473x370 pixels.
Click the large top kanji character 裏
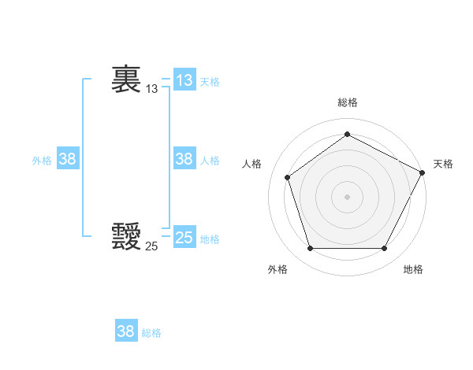pyautogui.click(x=126, y=80)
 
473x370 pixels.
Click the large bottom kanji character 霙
pyautogui.click(x=126, y=236)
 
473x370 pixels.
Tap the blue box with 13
pyautogui.click(x=184, y=80)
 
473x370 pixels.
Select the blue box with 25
pyautogui.click(x=184, y=238)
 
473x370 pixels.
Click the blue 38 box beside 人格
pyautogui.click(x=184, y=159)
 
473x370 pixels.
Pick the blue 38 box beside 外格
pyautogui.click(x=68, y=159)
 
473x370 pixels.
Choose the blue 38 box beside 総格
pyautogui.click(x=126, y=331)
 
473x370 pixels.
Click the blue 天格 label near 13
pyautogui.click(x=210, y=82)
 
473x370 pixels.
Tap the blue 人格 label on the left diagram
pyautogui.click(x=210, y=161)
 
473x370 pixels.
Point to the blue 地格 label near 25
pyautogui.click(x=210, y=239)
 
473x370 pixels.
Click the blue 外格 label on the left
pyautogui.click(x=42, y=161)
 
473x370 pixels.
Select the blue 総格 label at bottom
pyautogui.click(x=151, y=333)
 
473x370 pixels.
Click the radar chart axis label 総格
pyautogui.click(x=348, y=102)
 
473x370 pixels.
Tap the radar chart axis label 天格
pyautogui.click(x=443, y=164)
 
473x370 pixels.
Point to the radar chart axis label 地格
pyautogui.click(x=413, y=269)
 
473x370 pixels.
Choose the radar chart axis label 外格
pyautogui.click(x=277, y=269)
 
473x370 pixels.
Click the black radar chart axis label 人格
pyautogui.click(x=251, y=164)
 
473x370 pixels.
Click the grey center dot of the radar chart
pyautogui.click(x=347, y=196)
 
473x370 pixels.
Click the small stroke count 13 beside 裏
pyautogui.click(x=151, y=89)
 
